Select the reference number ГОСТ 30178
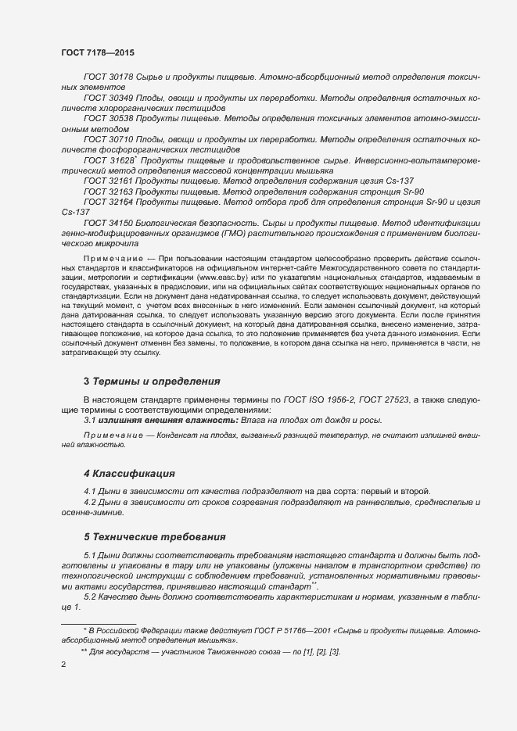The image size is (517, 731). pos(109,79)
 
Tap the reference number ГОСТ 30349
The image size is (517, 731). pos(109,99)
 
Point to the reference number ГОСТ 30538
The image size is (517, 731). pos(109,119)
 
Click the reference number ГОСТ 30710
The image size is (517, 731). pos(109,139)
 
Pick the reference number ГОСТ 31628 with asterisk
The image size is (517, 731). pos(110,159)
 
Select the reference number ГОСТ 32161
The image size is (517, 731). pos(109,181)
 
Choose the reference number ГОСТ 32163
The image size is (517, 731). pos(109,191)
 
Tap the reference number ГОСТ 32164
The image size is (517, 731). pos(109,201)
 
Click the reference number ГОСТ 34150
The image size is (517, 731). pos(109,221)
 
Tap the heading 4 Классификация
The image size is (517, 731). pos(128,474)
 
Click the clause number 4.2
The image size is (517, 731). pos(90,502)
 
